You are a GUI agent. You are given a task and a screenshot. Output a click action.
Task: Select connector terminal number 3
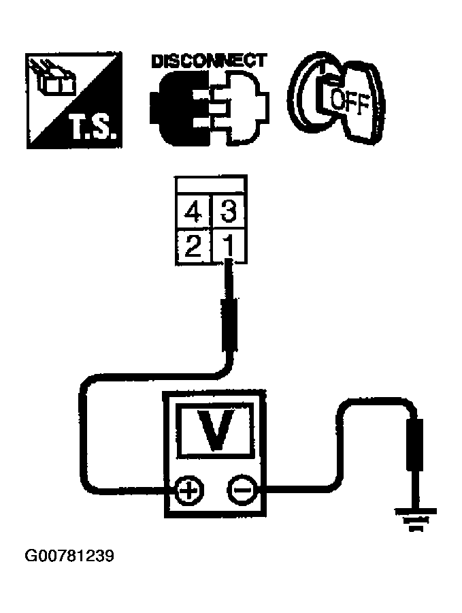229,213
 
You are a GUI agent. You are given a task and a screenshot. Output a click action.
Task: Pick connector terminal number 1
229,245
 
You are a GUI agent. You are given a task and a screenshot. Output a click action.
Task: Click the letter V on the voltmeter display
216,429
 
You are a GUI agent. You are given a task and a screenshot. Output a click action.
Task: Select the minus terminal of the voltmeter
240,489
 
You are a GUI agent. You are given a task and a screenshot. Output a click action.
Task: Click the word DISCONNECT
208,61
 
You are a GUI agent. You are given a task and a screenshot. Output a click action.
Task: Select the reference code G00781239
69,556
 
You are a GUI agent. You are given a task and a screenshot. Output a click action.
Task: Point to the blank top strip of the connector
211,185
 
